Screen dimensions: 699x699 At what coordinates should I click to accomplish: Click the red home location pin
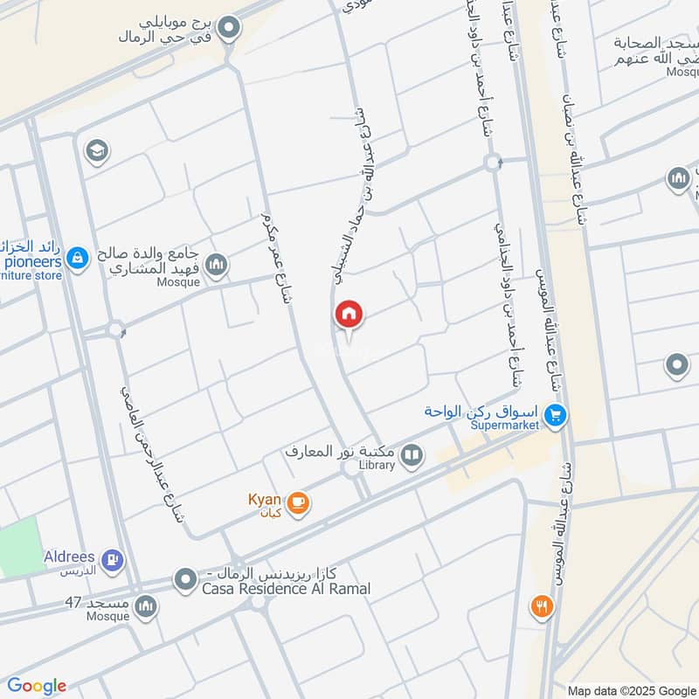349,315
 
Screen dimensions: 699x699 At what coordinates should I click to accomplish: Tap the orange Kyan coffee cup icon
298,503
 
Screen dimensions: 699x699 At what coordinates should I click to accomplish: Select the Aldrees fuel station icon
112,560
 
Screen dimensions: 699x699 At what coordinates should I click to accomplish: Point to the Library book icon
411,454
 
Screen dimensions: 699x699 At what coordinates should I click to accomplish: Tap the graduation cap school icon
96,151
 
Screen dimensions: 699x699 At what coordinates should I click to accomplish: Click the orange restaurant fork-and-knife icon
543,606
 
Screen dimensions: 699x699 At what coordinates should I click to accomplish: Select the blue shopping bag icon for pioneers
78,258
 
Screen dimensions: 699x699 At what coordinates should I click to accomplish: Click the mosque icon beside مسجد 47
146,605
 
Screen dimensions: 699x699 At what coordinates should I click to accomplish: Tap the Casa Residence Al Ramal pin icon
185,579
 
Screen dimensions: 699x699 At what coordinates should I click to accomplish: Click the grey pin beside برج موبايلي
230,29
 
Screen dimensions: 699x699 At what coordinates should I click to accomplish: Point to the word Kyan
265,499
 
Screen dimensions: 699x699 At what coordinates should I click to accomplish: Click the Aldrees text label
70,557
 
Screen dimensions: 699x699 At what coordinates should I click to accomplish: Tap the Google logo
36,686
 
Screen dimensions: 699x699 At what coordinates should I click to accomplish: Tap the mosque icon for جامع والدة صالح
216,263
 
